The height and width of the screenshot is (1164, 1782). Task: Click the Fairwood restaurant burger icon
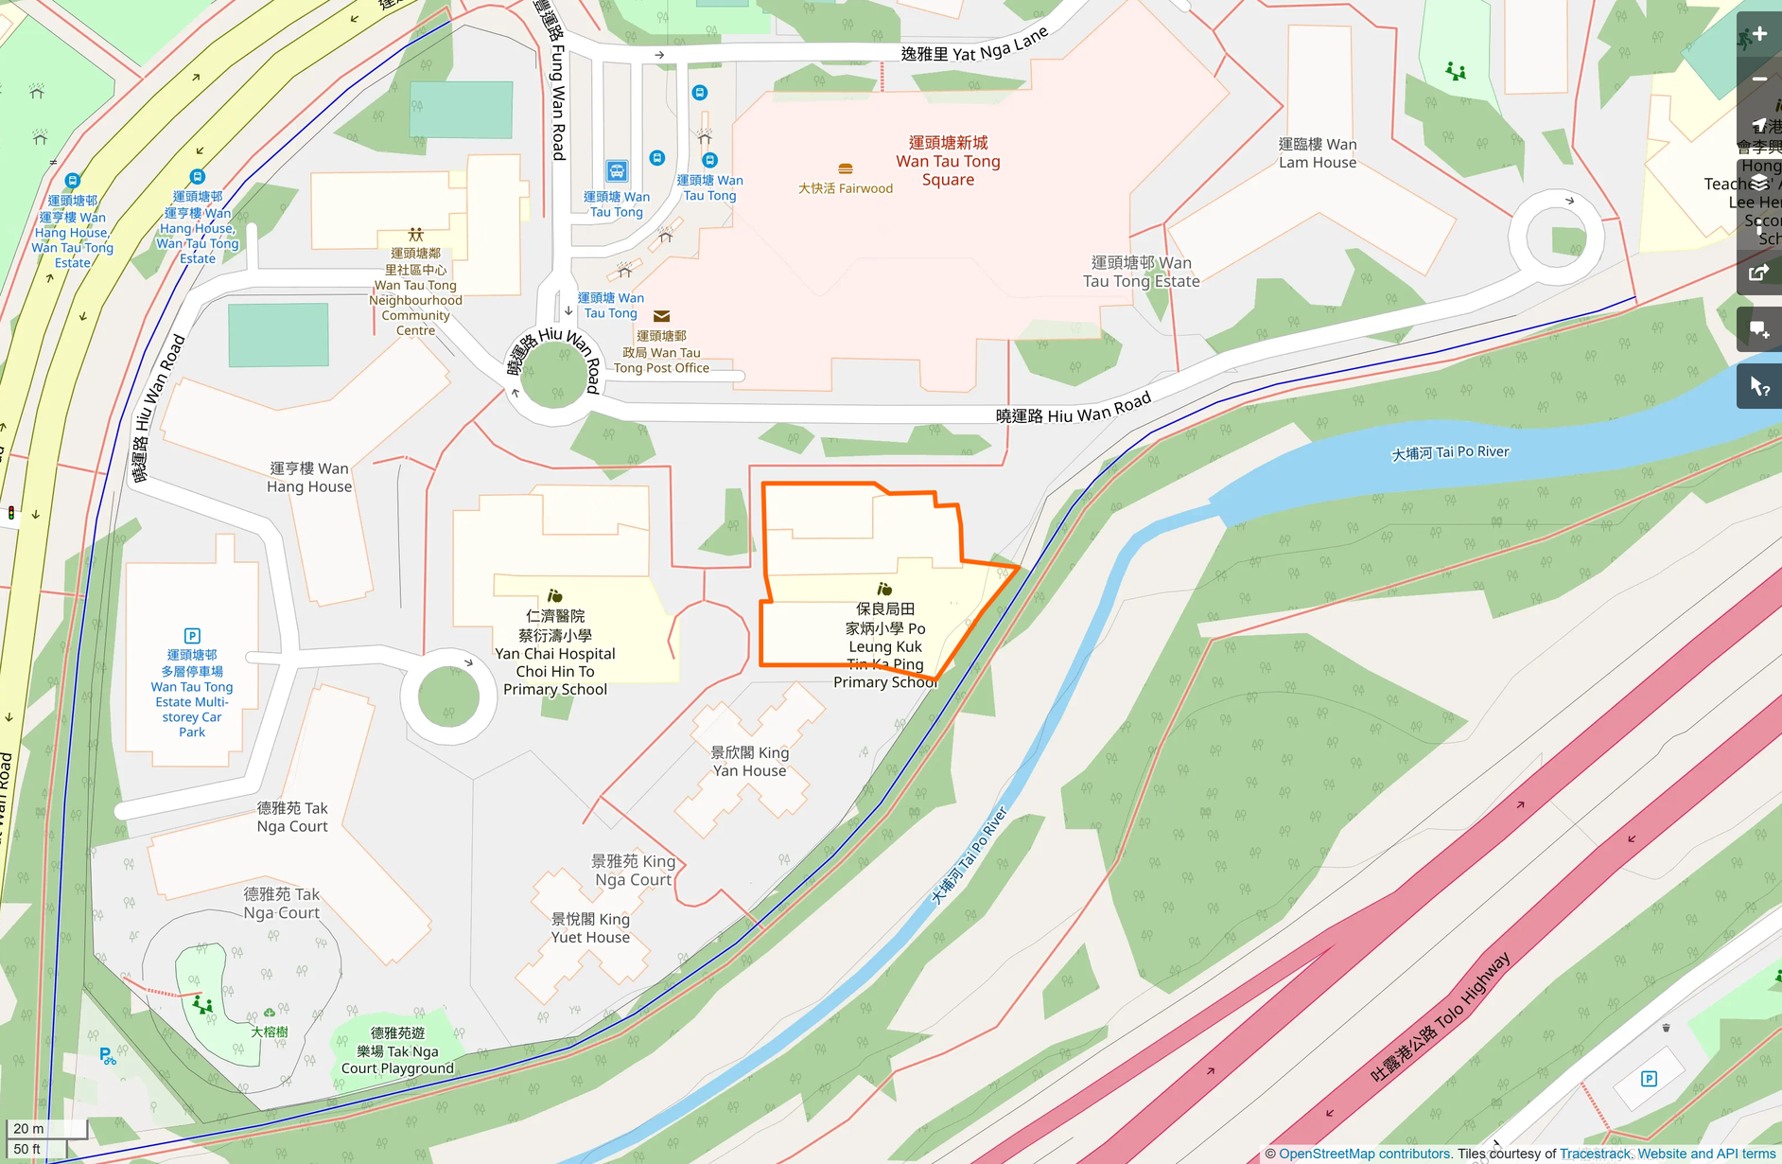pyautogui.click(x=846, y=168)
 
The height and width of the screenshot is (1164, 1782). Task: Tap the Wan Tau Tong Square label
pyautogui.click(x=948, y=161)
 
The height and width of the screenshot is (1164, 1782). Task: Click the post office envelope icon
pyautogui.click(x=662, y=316)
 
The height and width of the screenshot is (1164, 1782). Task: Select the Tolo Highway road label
pyautogui.click(x=1441, y=1017)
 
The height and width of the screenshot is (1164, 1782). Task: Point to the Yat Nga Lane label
pyautogui.click(x=974, y=46)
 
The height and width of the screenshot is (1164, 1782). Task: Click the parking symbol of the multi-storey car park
pyautogui.click(x=192, y=636)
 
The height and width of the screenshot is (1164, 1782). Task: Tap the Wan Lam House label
pyautogui.click(x=1318, y=153)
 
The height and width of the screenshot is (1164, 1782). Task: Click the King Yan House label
pyautogui.click(x=749, y=762)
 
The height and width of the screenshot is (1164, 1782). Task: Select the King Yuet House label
pyautogui.click(x=590, y=928)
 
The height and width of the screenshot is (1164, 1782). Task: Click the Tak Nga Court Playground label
pyautogui.click(x=397, y=1050)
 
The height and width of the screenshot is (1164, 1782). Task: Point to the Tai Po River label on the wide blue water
pyautogui.click(x=1450, y=452)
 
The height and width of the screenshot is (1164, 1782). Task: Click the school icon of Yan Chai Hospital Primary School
pyautogui.click(x=555, y=595)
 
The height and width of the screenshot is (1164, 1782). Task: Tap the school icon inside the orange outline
pyautogui.click(x=884, y=589)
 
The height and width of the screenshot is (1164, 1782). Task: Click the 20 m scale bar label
pyautogui.click(x=28, y=1128)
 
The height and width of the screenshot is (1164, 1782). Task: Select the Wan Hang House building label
pyautogui.click(x=309, y=477)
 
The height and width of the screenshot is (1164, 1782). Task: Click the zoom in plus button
pyautogui.click(x=1759, y=34)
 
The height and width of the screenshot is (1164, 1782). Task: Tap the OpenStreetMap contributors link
pyautogui.click(x=1364, y=1154)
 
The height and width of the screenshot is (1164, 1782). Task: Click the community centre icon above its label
pyautogui.click(x=415, y=234)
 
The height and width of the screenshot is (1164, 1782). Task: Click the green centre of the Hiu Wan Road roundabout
pyautogui.click(x=554, y=375)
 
